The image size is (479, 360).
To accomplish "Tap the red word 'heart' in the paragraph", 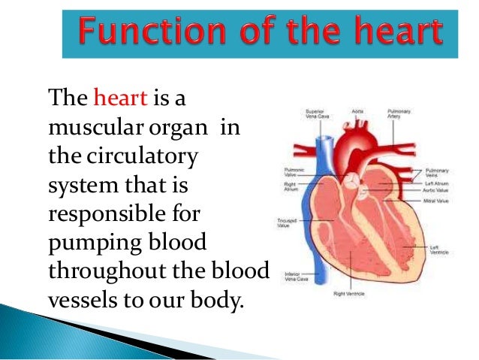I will point(116,98).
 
